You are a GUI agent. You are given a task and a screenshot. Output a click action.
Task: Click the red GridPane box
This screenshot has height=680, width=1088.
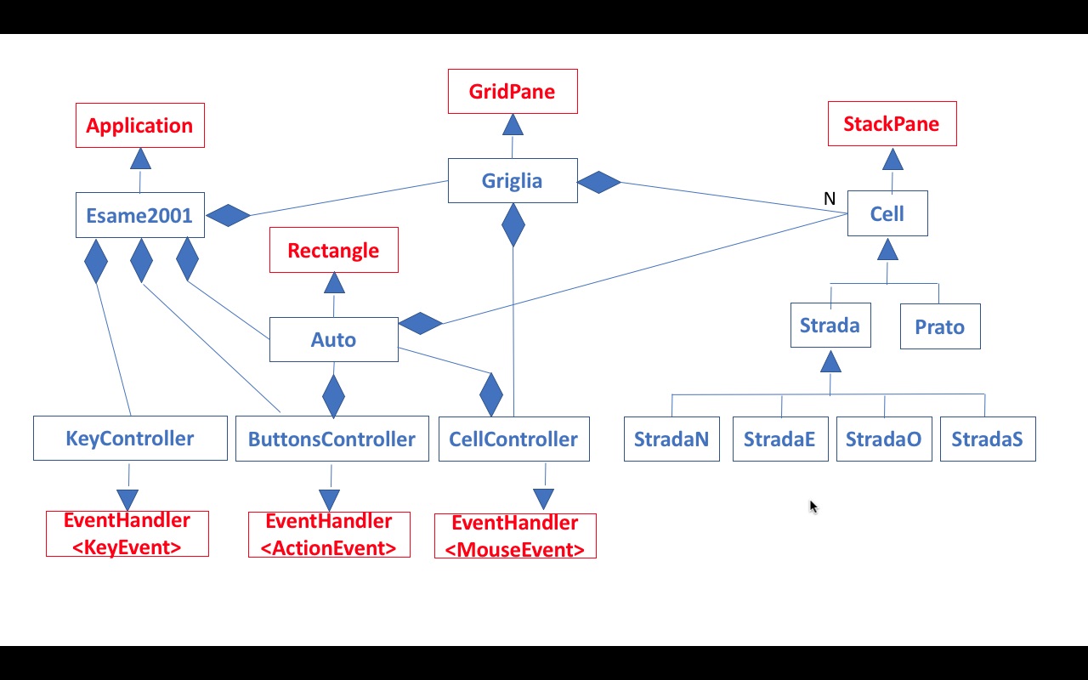click(x=513, y=92)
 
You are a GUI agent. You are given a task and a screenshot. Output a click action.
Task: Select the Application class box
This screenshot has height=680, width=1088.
click(x=140, y=126)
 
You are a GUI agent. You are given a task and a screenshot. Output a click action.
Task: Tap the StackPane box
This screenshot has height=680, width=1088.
click(x=892, y=124)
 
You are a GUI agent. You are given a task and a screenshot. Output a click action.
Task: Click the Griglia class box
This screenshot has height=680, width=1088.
click(x=513, y=181)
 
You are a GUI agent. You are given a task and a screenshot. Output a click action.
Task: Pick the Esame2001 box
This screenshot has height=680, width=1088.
click(x=139, y=215)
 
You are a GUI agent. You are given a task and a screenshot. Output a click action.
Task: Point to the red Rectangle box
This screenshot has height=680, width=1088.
click(x=333, y=251)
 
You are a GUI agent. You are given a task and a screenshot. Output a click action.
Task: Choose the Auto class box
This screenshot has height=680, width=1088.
click(x=333, y=340)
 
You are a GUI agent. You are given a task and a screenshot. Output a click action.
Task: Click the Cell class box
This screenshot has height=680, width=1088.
click(x=887, y=214)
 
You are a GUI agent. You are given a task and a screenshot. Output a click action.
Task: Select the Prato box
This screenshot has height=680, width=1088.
click(x=940, y=327)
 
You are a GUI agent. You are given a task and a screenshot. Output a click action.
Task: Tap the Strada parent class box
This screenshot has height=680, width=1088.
click(x=830, y=326)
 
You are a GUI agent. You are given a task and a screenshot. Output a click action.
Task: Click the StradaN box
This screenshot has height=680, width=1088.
click(x=671, y=439)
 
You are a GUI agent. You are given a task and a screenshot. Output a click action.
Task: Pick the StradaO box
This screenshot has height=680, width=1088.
click(x=884, y=439)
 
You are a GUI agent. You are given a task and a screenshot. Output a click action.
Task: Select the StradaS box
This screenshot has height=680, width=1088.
click(x=988, y=439)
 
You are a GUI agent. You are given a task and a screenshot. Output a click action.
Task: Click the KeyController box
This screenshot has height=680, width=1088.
click(x=130, y=439)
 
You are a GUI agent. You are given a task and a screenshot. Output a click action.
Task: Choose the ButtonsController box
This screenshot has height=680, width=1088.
click(x=331, y=439)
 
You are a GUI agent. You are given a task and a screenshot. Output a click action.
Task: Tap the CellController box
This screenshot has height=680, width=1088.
click(x=513, y=439)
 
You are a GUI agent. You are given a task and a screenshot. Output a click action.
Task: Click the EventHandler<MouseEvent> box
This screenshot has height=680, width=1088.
click(x=515, y=536)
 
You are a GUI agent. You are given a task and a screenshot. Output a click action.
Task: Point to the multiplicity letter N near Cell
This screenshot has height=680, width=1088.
click(x=830, y=199)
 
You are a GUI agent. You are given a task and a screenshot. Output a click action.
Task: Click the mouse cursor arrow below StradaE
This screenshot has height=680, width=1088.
click(x=813, y=507)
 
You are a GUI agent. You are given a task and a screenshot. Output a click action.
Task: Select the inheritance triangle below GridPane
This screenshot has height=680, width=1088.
click(x=513, y=125)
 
